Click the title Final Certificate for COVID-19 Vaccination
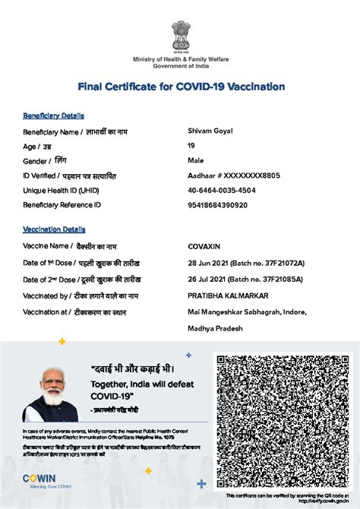pyautogui.click(x=180, y=87)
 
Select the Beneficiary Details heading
pyautogui.click(x=53, y=115)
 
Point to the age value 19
pyautogui.click(x=191, y=146)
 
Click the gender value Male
pyautogui.click(x=196, y=160)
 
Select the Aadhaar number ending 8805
pyautogui.click(x=234, y=175)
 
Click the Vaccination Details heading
pyautogui.click(x=54, y=229)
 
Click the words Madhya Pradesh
pyautogui.click(x=216, y=328)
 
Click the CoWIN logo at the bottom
pyautogui.click(x=38, y=479)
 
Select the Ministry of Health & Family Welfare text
pyautogui.click(x=180, y=59)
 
